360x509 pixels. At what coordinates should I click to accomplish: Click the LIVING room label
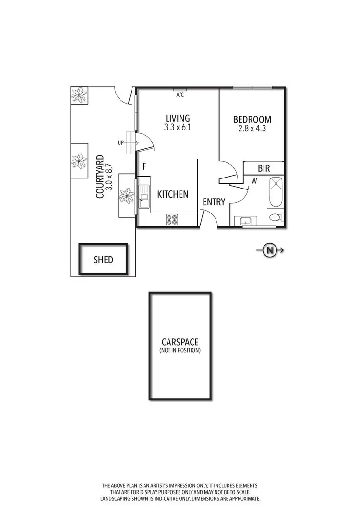pos(178,118)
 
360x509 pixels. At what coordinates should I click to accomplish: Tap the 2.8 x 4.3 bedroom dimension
pos(252,129)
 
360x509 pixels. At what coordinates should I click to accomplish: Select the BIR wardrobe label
pos(264,168)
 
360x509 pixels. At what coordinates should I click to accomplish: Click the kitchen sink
pos(144,197)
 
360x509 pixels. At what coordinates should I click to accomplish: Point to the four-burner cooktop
pos(172,219)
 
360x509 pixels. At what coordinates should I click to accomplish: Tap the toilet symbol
pos(276,217)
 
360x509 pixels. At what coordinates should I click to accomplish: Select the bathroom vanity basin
pos(245,221)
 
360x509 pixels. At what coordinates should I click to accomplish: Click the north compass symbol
pos(270,249)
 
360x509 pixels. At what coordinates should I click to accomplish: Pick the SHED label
pos(103,260)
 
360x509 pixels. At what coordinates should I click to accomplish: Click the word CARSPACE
pos(180,342)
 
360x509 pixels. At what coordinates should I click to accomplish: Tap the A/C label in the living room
pos(180,95)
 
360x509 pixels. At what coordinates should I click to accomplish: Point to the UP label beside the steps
pos(120,143)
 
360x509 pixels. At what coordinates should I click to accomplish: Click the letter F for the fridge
pos(144,166)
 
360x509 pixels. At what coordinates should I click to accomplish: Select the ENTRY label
pos(214,202)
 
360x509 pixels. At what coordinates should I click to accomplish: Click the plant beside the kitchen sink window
pos(127,195)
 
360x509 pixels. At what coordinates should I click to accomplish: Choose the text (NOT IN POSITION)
pos(180,351)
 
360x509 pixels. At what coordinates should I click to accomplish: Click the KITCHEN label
pos(173,194)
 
